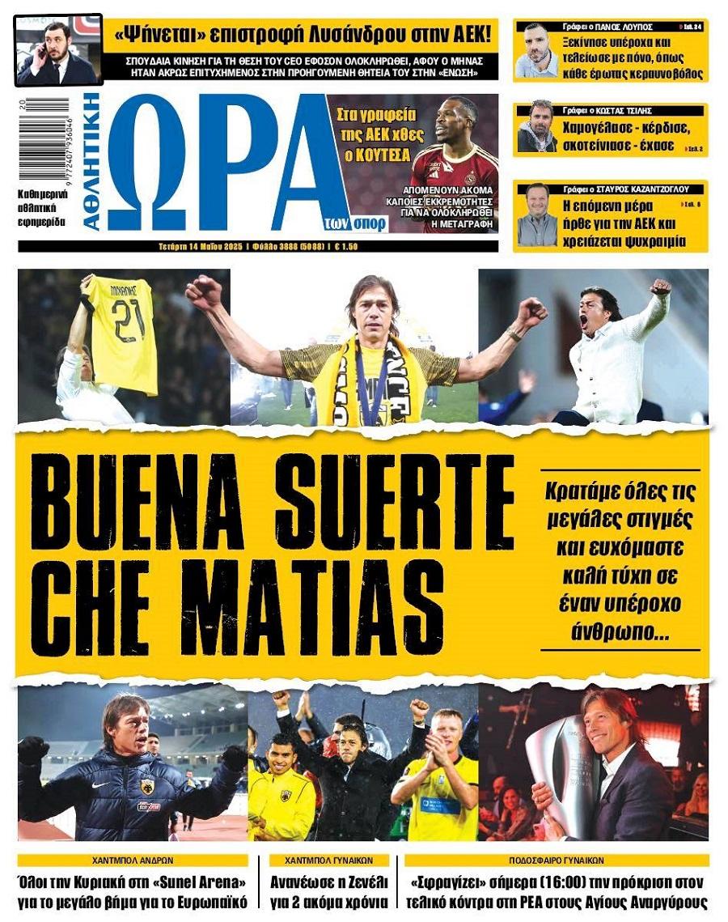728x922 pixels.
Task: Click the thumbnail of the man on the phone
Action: [x=57, y=49]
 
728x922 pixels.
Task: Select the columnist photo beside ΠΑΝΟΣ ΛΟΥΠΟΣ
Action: [x=535, y=53]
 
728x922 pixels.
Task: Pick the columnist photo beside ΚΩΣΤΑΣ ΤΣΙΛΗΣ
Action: [x=535, y=127]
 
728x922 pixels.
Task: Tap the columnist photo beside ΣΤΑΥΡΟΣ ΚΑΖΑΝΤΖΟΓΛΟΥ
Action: [x=537, y=215]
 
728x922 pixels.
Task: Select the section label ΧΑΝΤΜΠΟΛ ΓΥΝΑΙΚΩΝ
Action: [x=330, y=860]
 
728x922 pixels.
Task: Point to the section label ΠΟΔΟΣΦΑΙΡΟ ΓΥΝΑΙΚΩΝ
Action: [x=556, y=860]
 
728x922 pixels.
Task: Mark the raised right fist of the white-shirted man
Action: [x=660, y=287]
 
